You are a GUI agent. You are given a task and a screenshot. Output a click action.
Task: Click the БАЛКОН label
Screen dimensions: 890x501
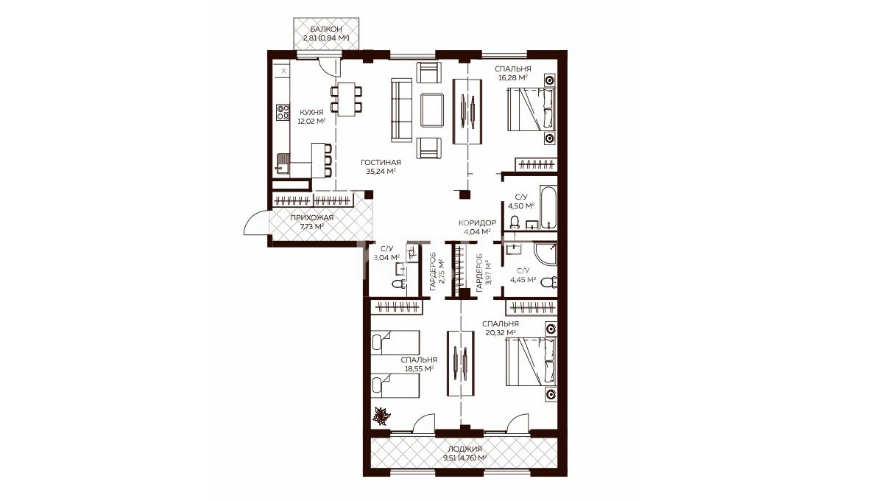coord(326,29)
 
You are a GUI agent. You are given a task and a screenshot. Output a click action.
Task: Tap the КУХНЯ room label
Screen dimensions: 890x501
coord(311,113)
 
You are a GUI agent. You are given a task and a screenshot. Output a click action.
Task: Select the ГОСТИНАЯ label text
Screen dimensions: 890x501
coord(381,162)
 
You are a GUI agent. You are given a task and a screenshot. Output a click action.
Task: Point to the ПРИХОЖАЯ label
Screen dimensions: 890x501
coord(311,217)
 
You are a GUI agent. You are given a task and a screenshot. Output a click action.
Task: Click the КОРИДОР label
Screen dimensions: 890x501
coord(477,223)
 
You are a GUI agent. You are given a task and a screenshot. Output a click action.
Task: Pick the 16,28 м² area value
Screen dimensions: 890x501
coord(513,77)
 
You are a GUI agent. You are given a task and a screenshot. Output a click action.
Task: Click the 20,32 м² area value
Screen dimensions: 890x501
coord(501,332)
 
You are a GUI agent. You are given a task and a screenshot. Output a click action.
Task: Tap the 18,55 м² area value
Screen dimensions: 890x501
coord(419,368)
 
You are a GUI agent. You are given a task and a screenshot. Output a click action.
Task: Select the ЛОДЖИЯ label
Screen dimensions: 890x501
coord(465,449)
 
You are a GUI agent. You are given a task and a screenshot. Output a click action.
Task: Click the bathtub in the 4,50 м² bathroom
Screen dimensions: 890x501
coord(548,208)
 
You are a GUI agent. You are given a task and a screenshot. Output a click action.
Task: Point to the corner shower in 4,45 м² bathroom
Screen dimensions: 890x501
coord(545,254)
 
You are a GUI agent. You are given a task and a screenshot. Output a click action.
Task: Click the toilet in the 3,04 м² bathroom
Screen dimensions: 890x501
coord(398,284)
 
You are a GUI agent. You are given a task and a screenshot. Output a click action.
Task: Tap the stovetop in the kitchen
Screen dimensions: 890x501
coord(283,113)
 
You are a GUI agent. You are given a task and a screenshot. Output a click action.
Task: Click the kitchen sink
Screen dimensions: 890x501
coord(283,164)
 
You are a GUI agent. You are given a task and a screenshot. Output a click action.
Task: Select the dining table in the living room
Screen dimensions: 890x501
coord(347,99)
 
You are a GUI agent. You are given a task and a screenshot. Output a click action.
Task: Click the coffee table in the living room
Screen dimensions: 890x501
coord(432,110)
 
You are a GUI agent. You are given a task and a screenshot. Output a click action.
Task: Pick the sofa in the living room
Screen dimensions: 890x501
coord(401,110)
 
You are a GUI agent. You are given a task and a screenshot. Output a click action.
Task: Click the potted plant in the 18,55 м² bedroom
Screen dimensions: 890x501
coord(381,416)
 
